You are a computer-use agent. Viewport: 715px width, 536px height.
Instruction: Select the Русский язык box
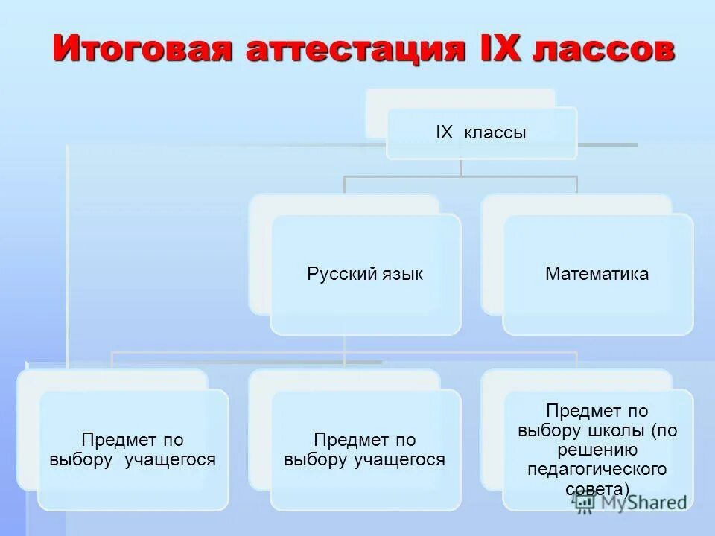pos(365,274)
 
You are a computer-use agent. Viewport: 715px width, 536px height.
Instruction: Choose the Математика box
pos(597,274)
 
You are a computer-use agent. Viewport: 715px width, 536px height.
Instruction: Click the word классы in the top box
pos(495,133)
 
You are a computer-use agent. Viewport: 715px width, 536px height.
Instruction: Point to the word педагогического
pos(597,470)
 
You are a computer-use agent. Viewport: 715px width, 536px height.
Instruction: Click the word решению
pos(597,450)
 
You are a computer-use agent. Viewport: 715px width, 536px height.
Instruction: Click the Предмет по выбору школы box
pos(598,450)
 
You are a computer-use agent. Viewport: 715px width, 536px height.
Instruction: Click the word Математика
pos(597,274)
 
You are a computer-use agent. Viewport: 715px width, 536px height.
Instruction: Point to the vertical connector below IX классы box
pos(460,167)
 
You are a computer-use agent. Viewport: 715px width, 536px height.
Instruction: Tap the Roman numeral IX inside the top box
pos(444,133)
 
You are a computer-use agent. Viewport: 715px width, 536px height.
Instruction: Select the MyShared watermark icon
pos(584,502)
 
